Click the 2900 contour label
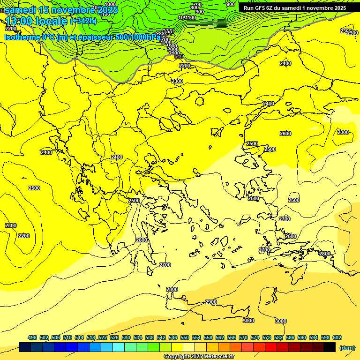pos(211,302)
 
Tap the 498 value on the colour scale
pos(32,337)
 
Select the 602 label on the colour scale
pos(337,337)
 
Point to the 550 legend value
pos(185,337)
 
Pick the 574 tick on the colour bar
pos(255,337)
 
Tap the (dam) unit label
pos(347,348)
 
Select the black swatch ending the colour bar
pos(330,347)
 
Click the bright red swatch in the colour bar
pos(271,347)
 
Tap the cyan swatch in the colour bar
pos(119,347)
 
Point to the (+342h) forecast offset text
pos(84,21)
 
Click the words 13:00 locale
pos(37,21)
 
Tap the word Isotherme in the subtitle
pos(22,37)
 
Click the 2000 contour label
pos(173,49)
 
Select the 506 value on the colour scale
pos(56,337)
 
